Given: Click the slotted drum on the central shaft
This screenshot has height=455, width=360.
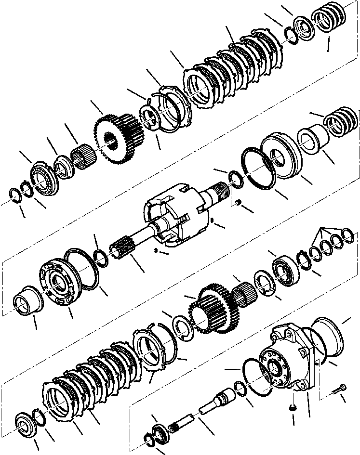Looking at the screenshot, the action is (x=173, y=212).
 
